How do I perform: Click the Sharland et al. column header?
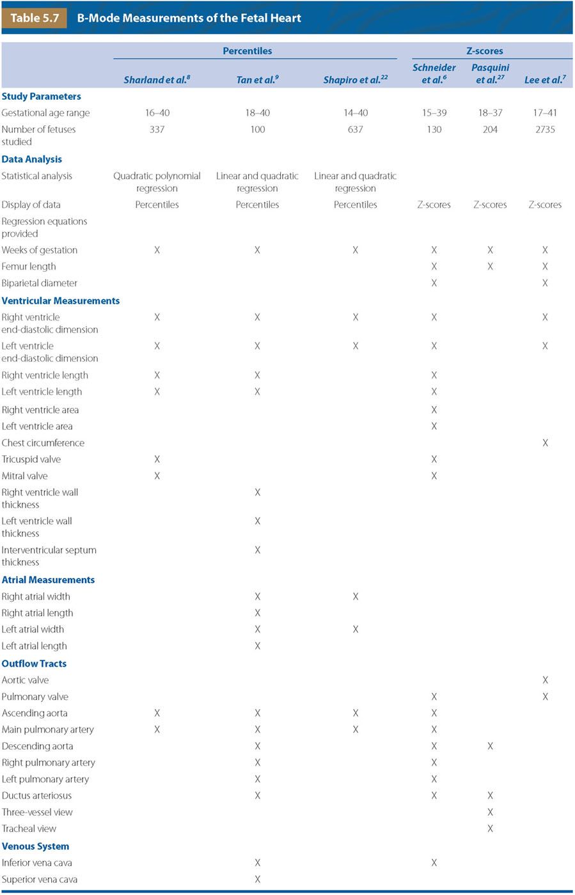pyautogui.click(x=157, y=80)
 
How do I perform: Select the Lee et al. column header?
pyautogui.click(x=545, y=80)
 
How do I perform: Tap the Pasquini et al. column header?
pyautogui.click(x=490, y=74)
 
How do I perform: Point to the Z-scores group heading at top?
pyautogui.click(x=484, y=51)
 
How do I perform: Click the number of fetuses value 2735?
pyautogui.click(x=545, y=129)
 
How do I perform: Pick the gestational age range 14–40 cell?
pyautogui.click(x=355, y=113)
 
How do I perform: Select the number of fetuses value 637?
pyautogui.click(x=355, y=129)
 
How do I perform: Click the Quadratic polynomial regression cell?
pyautogui.click(x=157, y=182)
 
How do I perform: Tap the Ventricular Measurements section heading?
pyautogui.click(x=61, y=300)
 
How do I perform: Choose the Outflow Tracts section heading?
pyautogui.click(x=34, y=664)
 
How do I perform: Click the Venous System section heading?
pyautogui.click(x=35, y=846)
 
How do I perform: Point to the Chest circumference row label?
pyautogui.click(x=43, y=442)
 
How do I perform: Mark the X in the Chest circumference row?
pyautogui.click(x=545, y=442)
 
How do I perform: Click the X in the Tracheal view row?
pyautogui.click(x=490, y=829)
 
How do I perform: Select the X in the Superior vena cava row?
pyautogui.click(x=257, y=879)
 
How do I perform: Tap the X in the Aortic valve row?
pyautogui.click(x=545, y=680)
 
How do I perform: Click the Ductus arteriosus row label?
pyautogui.click(x=36, y=795)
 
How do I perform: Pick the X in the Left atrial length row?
pyautogui.click(x=257, y=646)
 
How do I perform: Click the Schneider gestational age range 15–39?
pyautogui.click(x=434, y=113)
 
